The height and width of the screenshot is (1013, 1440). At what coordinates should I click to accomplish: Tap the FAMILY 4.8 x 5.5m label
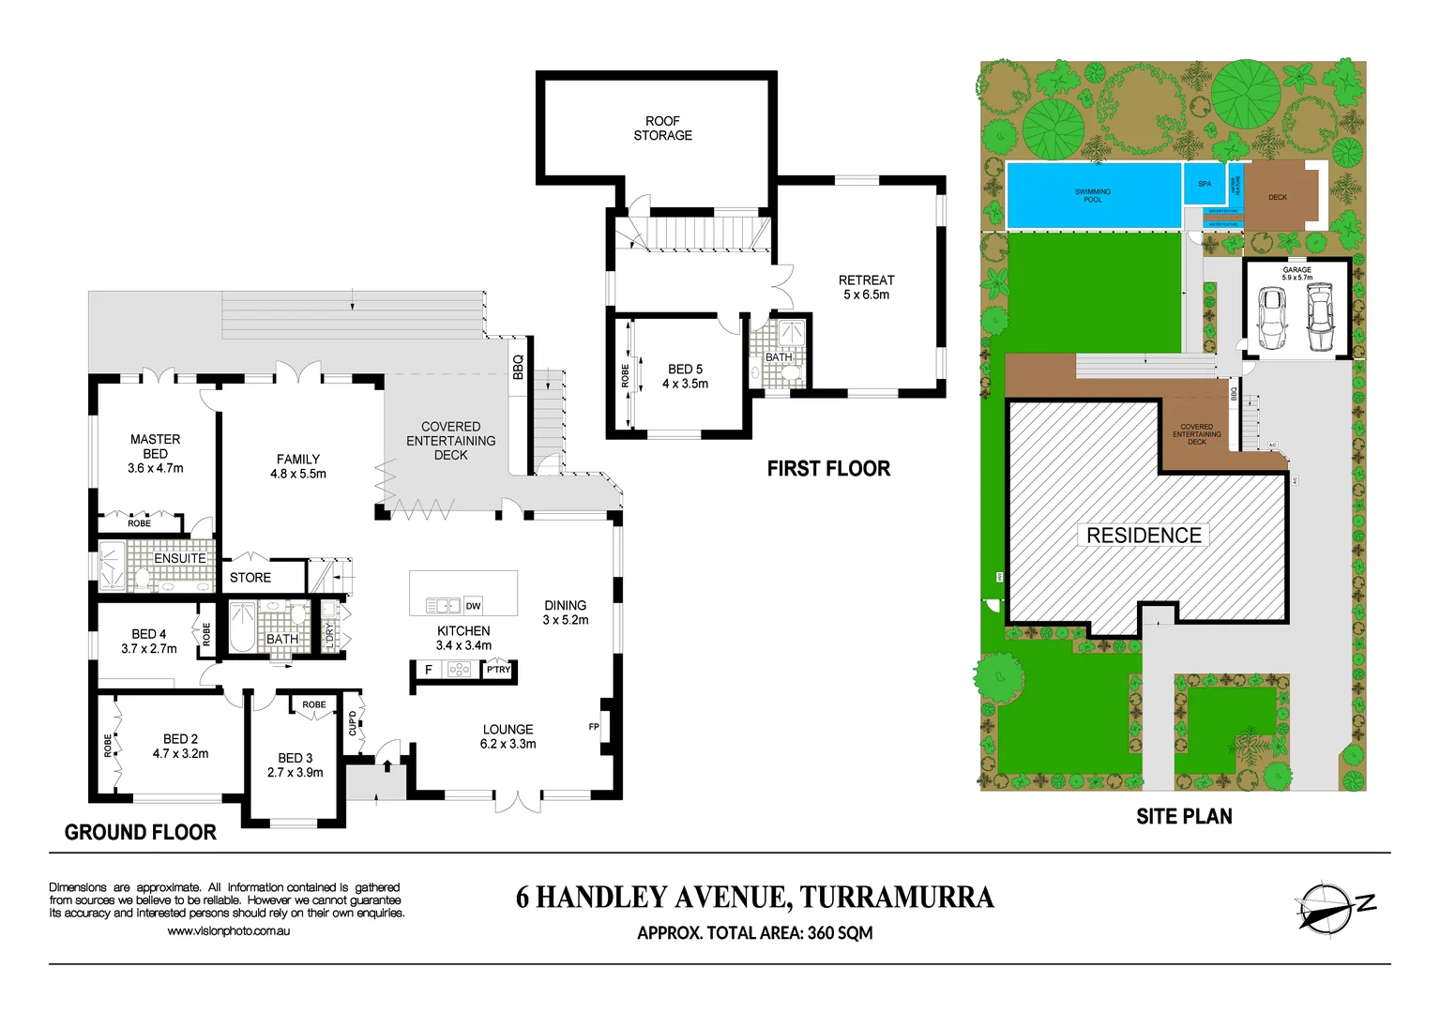tap(298, 466)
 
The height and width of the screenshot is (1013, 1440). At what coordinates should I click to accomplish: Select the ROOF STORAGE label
tap(662, 129)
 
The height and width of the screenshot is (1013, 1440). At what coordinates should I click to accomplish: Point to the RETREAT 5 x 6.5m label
tap(866, 287)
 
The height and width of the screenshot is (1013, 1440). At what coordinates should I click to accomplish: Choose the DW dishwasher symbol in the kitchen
tap(473, 606)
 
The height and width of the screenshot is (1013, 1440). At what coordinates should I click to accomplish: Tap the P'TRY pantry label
tap(498, 670)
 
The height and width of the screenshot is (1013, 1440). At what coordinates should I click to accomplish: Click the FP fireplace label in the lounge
tap(594, 727)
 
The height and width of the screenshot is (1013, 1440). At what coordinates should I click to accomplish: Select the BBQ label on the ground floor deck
tap(518, 366)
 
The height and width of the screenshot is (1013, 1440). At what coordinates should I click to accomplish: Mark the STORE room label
tap(250, 578)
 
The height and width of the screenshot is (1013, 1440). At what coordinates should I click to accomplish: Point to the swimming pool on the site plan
tap(1093, 196)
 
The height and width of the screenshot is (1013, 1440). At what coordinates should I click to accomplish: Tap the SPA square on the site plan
tap(1205, 185)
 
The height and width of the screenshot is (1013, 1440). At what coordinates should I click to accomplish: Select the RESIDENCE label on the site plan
tap(1144, 536)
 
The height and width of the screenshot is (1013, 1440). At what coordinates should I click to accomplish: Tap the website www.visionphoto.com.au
tap(228, 931)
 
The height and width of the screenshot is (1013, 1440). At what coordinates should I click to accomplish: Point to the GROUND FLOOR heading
tap(141, 832)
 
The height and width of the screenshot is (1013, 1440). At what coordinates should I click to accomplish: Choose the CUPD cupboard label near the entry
tap(353, 723)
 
